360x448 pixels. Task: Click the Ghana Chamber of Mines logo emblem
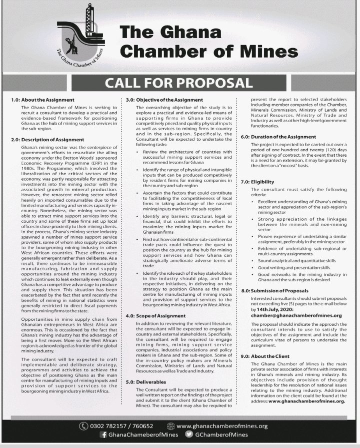82,38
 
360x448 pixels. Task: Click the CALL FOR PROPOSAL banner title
179,83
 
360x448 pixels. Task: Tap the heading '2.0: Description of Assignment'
47,140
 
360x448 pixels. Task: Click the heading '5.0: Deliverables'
145,381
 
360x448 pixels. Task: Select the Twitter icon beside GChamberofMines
189,435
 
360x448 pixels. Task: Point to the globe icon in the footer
170,426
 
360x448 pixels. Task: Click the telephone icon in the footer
83,426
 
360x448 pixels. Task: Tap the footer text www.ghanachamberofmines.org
222,426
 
